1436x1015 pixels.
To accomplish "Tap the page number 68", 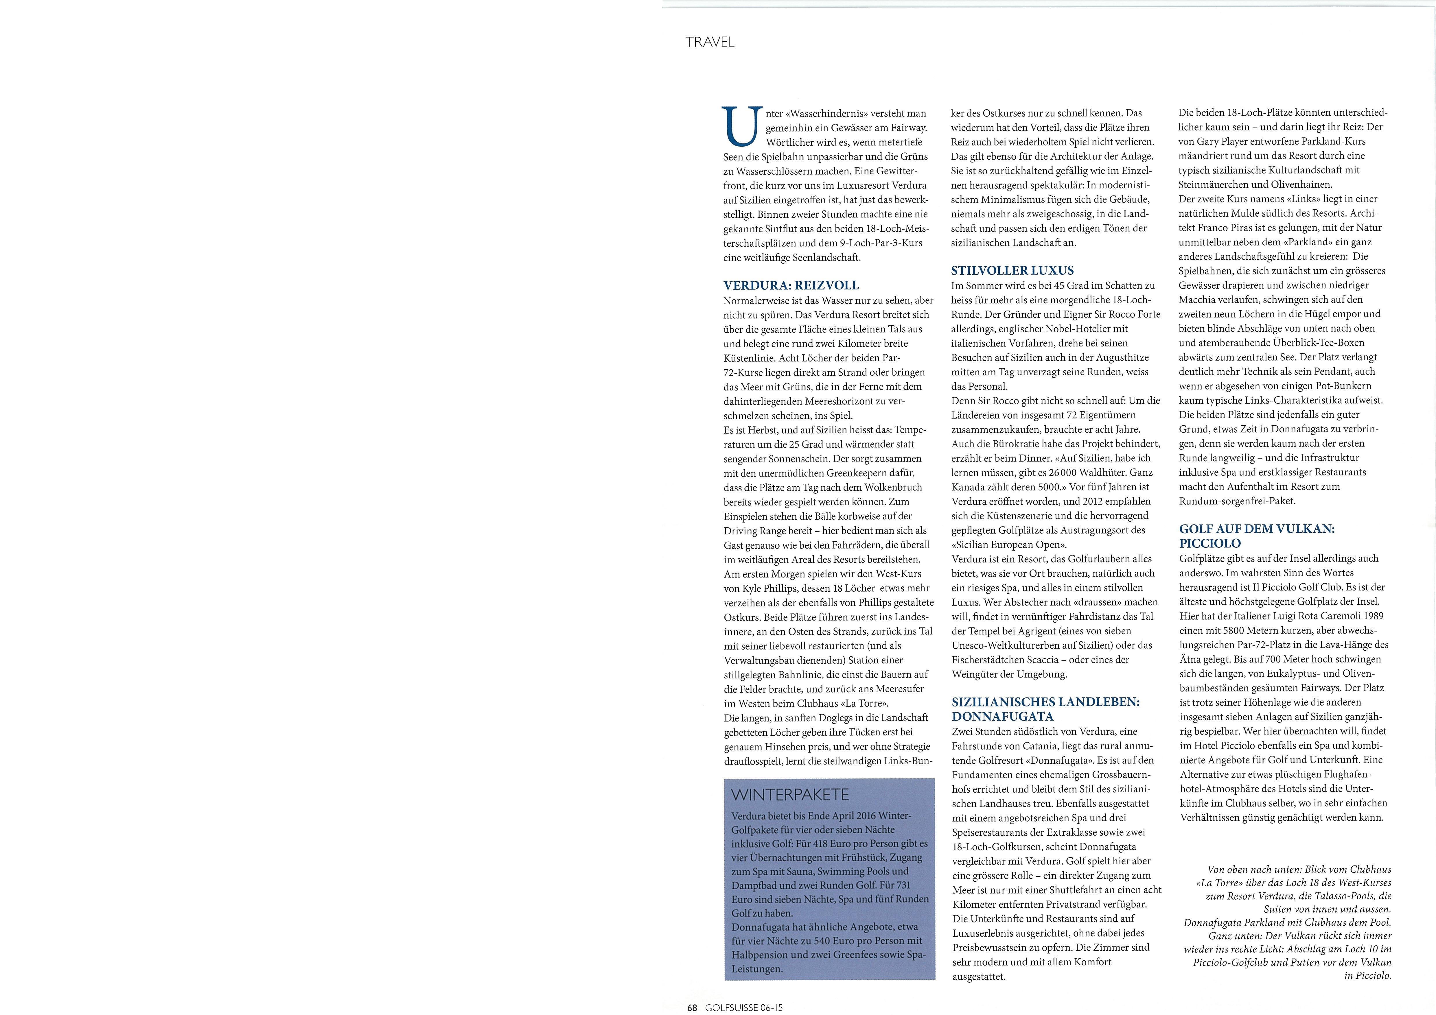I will tap(692, 1007).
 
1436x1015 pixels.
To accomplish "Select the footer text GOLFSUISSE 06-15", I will tap(743, 1007).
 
